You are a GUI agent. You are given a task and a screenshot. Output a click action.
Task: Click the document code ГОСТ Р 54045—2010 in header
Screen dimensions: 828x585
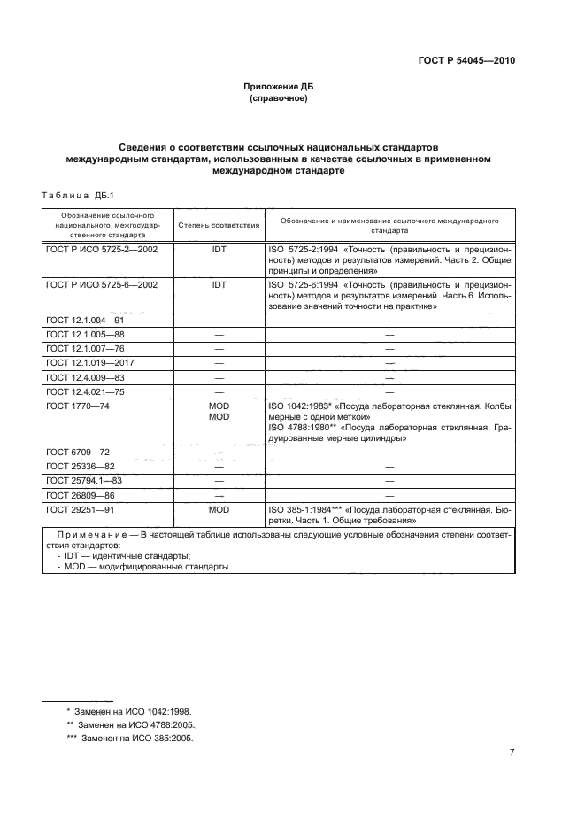(x=466, y=61)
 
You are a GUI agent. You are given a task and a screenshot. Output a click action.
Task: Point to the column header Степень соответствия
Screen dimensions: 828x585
(x=219, y=226)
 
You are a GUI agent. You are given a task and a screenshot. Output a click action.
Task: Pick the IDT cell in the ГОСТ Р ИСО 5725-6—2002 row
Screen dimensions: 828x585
(x=219, y=284)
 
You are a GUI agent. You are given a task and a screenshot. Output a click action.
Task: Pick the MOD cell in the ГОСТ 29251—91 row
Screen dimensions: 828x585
(x=219, y=510)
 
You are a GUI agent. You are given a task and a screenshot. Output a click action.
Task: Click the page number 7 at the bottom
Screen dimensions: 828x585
(x=512, y=753)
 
